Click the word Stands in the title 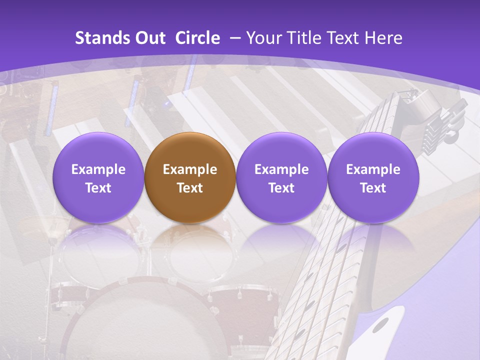101,38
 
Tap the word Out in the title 149,38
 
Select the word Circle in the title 197,38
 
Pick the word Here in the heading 383,38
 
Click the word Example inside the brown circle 189,169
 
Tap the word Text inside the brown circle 189,188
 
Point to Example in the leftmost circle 98,169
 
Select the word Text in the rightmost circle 373,188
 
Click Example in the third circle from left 281,169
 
